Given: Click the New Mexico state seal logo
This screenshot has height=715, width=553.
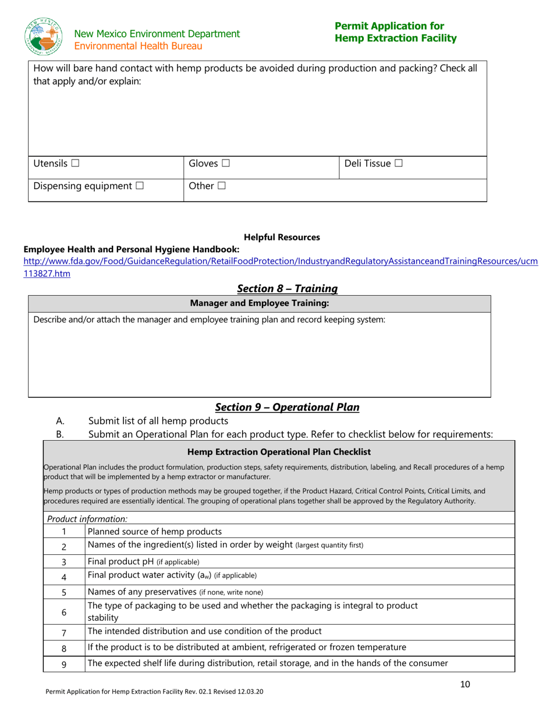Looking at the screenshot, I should point(44,37).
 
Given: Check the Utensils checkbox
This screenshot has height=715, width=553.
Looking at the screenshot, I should point(75,164).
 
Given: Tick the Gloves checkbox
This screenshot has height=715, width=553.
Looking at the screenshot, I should point(225,164).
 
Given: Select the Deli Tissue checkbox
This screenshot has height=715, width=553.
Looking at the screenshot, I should point(398,164).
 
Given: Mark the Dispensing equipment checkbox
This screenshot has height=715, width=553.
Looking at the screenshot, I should point(140,186).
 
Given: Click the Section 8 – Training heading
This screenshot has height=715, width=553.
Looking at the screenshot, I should point(287,288).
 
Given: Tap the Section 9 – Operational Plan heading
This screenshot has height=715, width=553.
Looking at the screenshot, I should point(287,407).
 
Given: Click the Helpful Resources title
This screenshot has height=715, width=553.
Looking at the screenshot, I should point(282,237).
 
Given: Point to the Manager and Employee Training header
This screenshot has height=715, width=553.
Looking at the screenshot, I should point(260,303).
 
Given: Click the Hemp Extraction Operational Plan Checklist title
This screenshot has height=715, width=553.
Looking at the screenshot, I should point(279,452).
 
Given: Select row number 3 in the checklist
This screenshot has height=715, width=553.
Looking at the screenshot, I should point(64,562).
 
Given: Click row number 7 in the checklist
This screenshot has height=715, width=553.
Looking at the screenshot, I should point(64,632).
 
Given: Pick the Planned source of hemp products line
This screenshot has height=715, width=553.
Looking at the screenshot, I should point(154,531).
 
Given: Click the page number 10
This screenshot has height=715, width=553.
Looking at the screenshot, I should point(465,684).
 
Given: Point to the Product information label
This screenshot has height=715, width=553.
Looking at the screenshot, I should point(87,519).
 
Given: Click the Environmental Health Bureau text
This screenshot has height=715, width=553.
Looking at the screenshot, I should point(138,46).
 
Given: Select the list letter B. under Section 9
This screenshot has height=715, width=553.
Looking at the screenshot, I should point(59,434).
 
